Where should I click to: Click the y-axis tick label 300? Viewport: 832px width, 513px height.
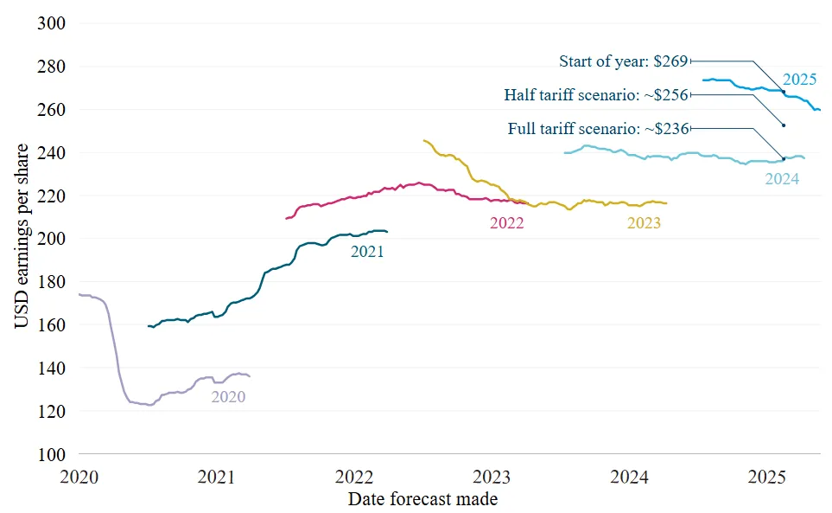pyautogui.click(x=52, y=23)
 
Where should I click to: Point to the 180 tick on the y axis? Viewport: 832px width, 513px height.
pyautogui.click(x=52, y=281)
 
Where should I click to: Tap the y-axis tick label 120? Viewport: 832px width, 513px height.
pyautogui.click(x=52, y=411)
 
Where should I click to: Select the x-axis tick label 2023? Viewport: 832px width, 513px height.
pyautogui.click(x=492, y=477)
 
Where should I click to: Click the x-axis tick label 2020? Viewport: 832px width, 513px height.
pyautogui.click(x=79, y=477)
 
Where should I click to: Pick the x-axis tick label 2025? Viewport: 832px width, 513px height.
pyautogui.click(x=766, y=477)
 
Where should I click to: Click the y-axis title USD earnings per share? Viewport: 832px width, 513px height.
pyautogui.click(x=22, y=236)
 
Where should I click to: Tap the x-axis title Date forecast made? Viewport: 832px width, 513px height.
pyautogui.click(x=422, y=499)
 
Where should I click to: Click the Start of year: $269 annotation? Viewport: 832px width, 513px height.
pyautogui.click(x=624, y=61)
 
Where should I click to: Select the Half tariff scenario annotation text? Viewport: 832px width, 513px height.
pyautogui.click(x=596, y=95)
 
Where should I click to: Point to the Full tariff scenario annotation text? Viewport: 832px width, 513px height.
pyautogui.click(x=599, y=129)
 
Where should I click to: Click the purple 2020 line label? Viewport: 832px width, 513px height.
pyautogui.click(x=228, y=397)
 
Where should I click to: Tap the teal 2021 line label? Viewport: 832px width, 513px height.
pyautogui.click(x=367, y=251)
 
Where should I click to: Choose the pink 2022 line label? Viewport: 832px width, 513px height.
pyautogui.click(x=507, y=223)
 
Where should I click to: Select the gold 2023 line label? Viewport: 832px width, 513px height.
pyautogui.click(x=645, y=223)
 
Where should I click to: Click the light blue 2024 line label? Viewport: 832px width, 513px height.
pyautogui.click(x=782, y=179)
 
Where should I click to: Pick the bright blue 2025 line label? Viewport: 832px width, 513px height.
pyautogui.click(x=800, y=80)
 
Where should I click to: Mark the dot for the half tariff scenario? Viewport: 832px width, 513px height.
pyautogui.click(x=784, y=125)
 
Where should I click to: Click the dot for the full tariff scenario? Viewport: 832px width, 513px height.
pyautogui.click(x=784, y=159)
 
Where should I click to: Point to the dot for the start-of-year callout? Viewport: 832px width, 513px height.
pyautogui.click(x=784, y=92)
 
